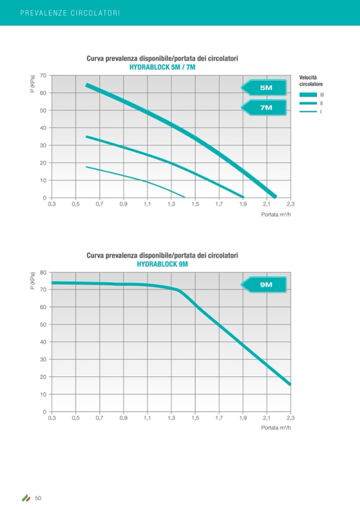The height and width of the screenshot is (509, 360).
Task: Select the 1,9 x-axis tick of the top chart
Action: [243, 204]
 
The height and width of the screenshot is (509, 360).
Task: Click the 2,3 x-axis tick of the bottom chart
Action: [290, 418]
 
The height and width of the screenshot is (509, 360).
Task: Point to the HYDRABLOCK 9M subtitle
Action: [162, 264]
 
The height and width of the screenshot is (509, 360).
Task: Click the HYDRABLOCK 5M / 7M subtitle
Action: [162, 67]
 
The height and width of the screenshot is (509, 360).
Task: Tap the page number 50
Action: [38, 498]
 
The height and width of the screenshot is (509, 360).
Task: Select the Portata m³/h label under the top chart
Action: [276, 214]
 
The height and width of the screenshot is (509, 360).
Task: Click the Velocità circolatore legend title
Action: [311, 81]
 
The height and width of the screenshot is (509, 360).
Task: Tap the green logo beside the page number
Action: [25, 498]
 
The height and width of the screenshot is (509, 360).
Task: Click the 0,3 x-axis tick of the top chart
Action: [52, 204]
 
